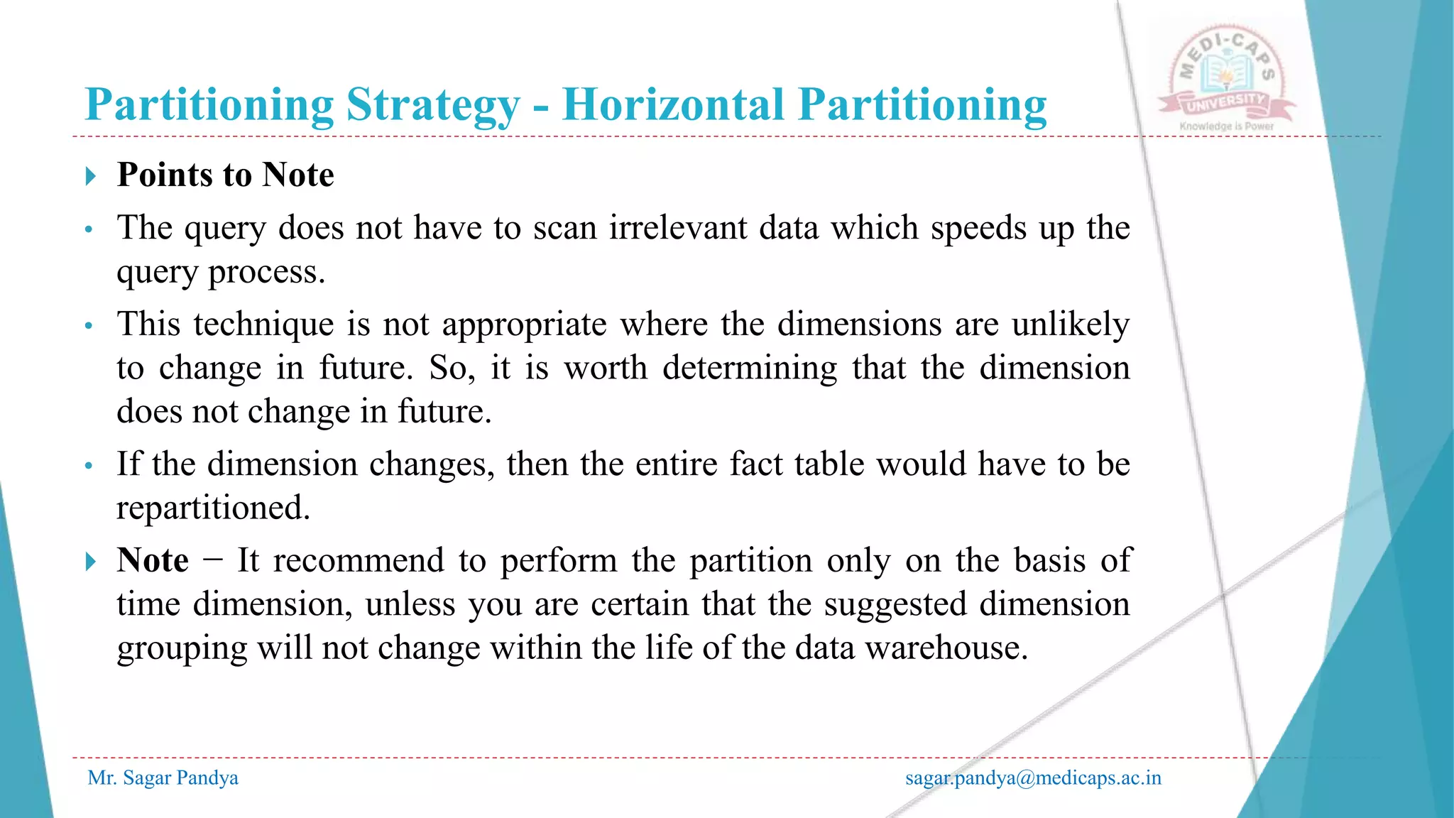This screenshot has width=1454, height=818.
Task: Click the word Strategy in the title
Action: tap(433, 106)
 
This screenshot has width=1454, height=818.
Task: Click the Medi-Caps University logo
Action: tap(1227, 75)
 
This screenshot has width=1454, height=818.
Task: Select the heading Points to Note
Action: tap(226, 175)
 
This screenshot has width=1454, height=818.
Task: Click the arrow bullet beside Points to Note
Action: tap(90, 175)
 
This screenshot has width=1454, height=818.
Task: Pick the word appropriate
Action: tap(525, 325)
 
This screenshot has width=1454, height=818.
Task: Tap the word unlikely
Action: tap(1071, 325)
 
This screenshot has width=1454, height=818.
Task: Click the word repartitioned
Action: tap(214, 508)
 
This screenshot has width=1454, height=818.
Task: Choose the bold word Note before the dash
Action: tap(153, 560)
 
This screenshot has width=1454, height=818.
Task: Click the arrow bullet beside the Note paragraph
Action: tap(90, 562)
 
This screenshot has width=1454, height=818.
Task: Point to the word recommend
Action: tap(359, 560)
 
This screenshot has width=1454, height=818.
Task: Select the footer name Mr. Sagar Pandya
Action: tap(163, 778)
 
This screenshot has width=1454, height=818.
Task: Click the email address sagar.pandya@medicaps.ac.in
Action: tap(1033, 778)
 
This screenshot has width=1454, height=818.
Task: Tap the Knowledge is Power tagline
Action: tap(1227, 126)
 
